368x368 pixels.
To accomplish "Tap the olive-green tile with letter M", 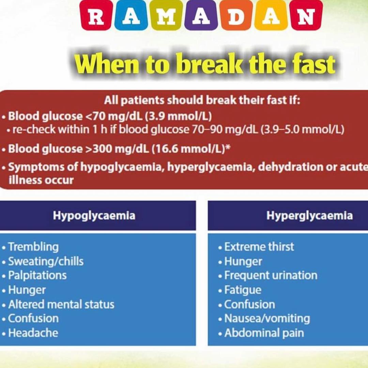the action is [x=166, y=15].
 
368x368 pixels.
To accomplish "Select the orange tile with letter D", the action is [x=236, y=15].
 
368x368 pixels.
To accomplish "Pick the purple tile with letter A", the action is [x=201, y=15].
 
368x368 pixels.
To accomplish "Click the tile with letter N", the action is [x=306, y=15].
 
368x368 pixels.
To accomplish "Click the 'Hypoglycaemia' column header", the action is [x=94, y=215].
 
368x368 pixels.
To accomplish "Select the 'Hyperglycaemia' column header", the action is [x=309, y=215].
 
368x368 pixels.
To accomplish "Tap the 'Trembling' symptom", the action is [x=33, y=247].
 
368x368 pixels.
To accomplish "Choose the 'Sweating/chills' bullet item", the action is [x=46, y=261].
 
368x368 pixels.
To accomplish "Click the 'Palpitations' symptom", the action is [x=37, y=276].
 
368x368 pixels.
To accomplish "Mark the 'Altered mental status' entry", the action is [x=61, y=304].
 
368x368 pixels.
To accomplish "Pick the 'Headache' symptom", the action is [x=33, y=333].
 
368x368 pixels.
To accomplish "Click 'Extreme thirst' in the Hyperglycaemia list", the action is [x=259, y=247].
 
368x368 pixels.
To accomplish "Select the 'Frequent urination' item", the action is [x=271, y=276].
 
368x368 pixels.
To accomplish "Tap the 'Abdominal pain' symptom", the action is [x=264, y=333].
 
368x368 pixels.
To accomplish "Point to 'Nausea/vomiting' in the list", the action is [x=267, y=319].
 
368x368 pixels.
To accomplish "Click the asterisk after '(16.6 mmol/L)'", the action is [x=228, y=147].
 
